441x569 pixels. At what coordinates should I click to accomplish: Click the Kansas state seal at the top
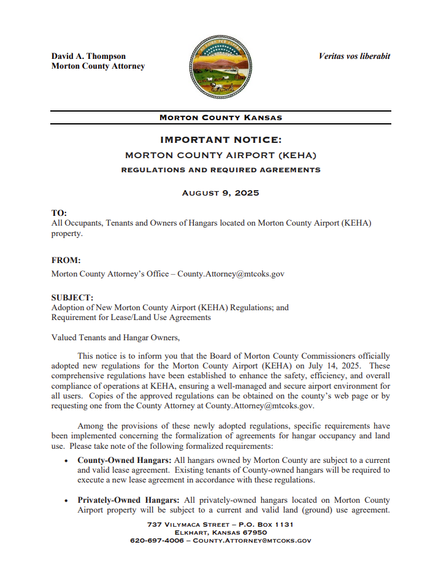[x=220, y=66]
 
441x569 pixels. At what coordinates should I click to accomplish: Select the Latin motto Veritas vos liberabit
[x=354, y=56]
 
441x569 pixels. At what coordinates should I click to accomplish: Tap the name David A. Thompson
[x=88, y=56]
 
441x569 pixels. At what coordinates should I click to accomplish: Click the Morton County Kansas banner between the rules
[x=220, y=118]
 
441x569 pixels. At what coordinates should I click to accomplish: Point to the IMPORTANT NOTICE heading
[x=220, y=140]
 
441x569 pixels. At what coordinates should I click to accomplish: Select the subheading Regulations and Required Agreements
[x=220, y=170]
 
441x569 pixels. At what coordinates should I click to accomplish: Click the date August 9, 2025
[x=220, y=193]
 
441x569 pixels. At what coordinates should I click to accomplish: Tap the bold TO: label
[x=59, y=213]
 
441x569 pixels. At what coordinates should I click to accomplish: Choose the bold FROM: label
[x=66, y=260]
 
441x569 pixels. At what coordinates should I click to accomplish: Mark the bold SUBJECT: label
[x=72, y=297]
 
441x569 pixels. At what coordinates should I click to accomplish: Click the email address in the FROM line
[x=231, y=274]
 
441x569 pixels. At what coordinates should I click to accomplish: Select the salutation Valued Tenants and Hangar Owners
[x=115, y=337]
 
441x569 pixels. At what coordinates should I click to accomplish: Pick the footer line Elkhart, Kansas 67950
[x=220, y=532]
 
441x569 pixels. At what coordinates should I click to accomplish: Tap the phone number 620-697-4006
[x=156, y=541]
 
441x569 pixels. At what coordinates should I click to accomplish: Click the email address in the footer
[x=252, y=541]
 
